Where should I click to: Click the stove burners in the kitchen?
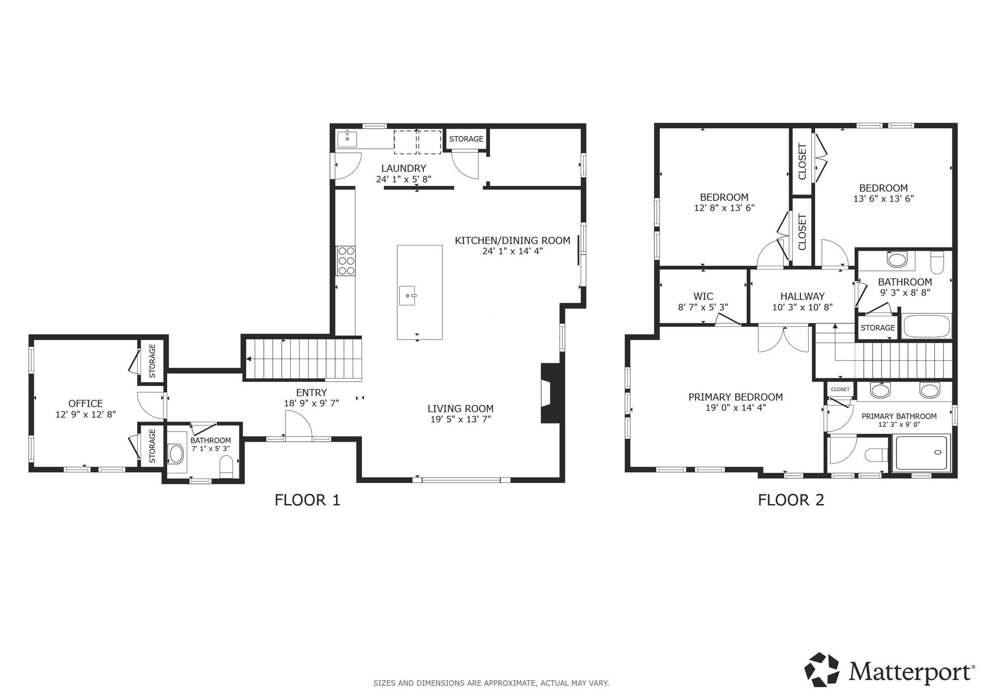pyautogui.click(x=346, y=260)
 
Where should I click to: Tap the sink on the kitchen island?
pyautogui.click(x=407, y=296)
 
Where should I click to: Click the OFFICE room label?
pyautogui.click(x=85, y=403)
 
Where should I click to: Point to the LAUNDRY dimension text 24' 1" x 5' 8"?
pyautogui.click(x=403, y=179)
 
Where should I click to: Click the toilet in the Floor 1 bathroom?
pyautogui.click(x=226, y=466)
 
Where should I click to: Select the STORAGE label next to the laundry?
pyautogui.click(x=466, y=139)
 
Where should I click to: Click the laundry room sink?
pyautogui.click(x=347, y=139)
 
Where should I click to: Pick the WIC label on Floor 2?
pyautogui.click(x=703, y=296)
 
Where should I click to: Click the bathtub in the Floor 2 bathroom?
pyautogui.click(x=926, y=326)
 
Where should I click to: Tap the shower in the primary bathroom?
pyautogui.click(x=921, y=452)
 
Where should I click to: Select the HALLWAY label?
pyautogui.click(x=802, y=296)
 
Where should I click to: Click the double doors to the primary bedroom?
pyautogui.click(x=783, y=339)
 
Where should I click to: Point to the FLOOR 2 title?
pyautogui.click(x=791, y=500)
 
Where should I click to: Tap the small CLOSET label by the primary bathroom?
pyautogui.click(x=840, y=389)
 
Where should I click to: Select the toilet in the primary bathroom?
pyautogui.click(x=876, y=455)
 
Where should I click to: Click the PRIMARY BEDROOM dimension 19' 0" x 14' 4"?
pyautogui.click(x=735, y=408)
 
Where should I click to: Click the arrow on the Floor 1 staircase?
pyautogui.click(x=249, y=359)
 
